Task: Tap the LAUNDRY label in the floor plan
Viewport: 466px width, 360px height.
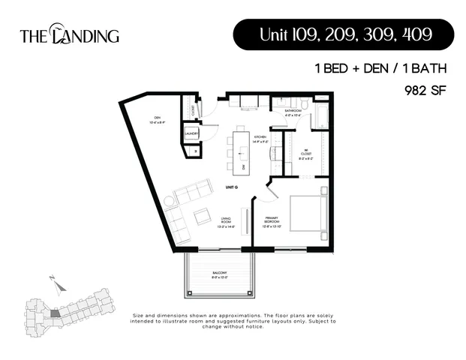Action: [x=191, y=134]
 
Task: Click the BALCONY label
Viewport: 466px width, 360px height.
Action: [x=219, y=274]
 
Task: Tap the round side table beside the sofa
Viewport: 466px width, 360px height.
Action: [x=169, y=201]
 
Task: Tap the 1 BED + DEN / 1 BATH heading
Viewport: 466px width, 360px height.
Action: [x=380, y=68]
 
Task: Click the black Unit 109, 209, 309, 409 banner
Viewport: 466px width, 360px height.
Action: [x=343, y=35]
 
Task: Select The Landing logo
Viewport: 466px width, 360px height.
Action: [x=69, y=34]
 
